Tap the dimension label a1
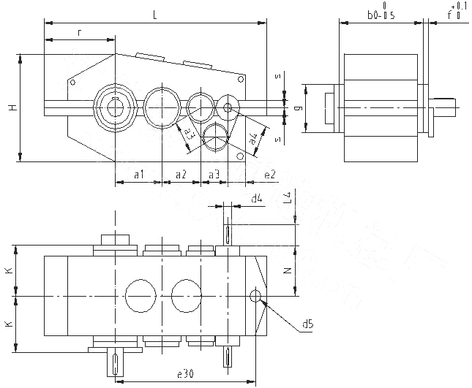point(138,174)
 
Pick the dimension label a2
point(181,174)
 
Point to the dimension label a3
point(214,174)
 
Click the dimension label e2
point(270,174)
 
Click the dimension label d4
point(256,198)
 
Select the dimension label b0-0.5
point(381,15)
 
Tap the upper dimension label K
point(9,270)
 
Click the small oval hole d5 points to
point(256,295)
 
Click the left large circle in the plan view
point(141,295)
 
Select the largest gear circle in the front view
point(114,107)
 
